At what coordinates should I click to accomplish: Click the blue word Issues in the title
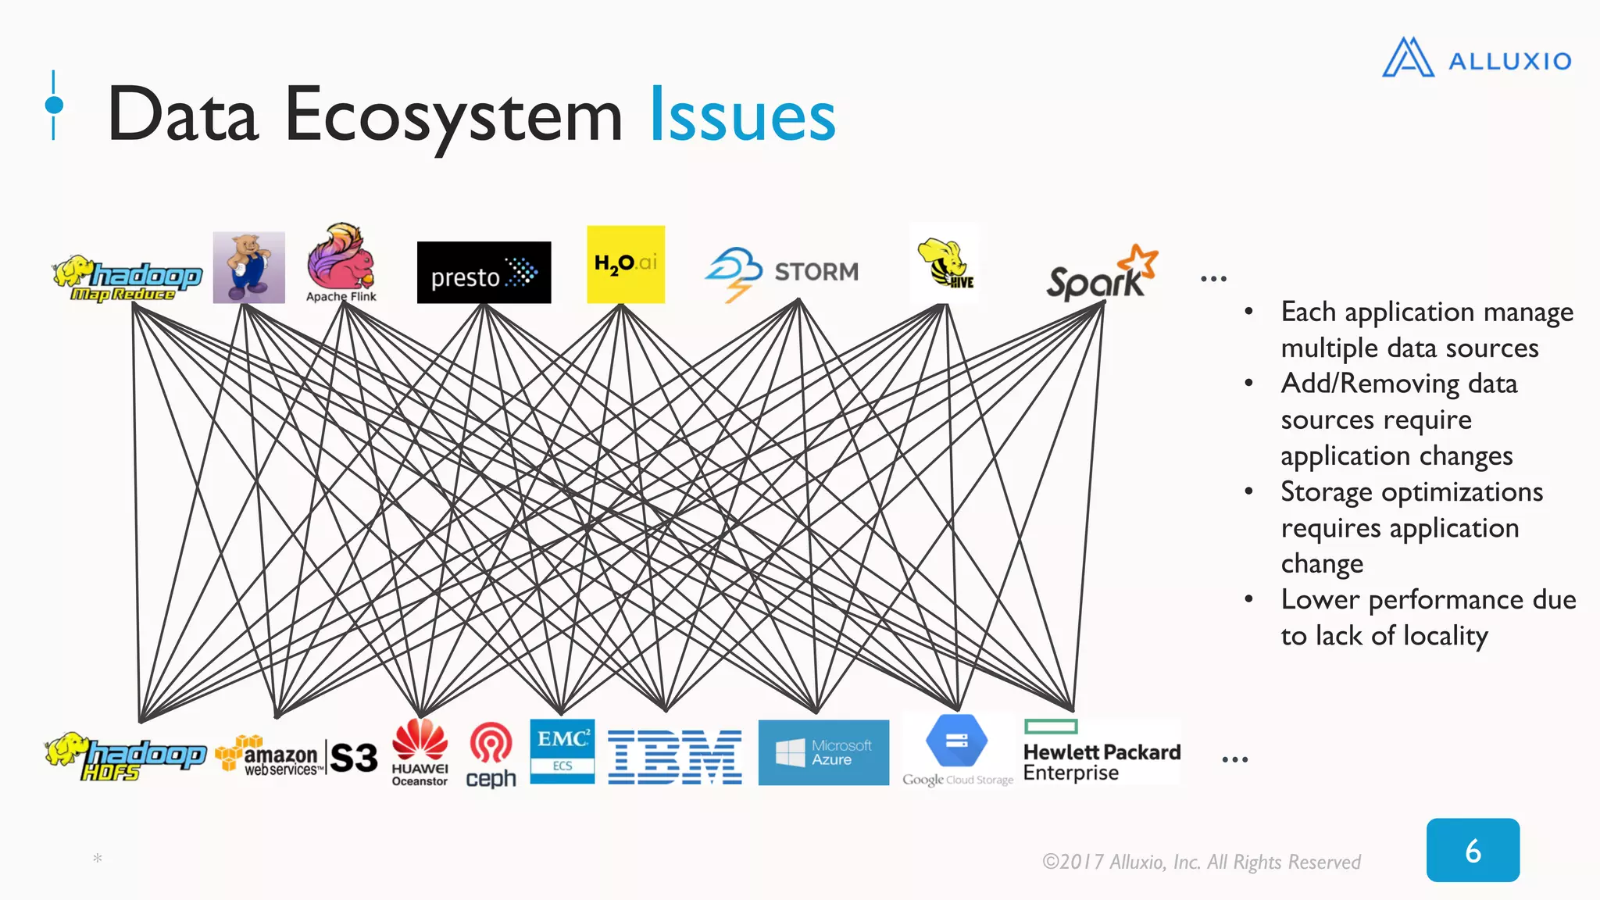point(742,116)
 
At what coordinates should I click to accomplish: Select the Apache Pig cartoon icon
point(248,267)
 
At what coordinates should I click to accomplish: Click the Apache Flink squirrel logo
point(341,262)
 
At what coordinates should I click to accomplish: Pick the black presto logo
point(484,273)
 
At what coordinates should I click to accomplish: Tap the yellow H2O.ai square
point(625,264)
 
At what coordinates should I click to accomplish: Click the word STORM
point(816,272)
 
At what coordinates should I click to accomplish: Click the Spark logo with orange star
point(1102,274)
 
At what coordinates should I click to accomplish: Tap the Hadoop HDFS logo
point(125,756)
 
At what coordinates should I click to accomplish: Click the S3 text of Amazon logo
point(354,757)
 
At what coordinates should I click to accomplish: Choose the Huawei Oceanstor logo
point(420,752)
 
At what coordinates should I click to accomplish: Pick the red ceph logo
point(491,754)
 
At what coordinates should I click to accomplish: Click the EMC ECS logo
point(562,751)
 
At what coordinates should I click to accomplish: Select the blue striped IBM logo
point(674,757)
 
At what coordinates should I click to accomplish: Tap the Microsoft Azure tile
point(823,752)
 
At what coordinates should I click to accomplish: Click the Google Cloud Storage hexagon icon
point(956,741)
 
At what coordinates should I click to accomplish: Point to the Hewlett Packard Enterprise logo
point(1101,752)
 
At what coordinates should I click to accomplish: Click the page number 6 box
point(1472,850)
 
